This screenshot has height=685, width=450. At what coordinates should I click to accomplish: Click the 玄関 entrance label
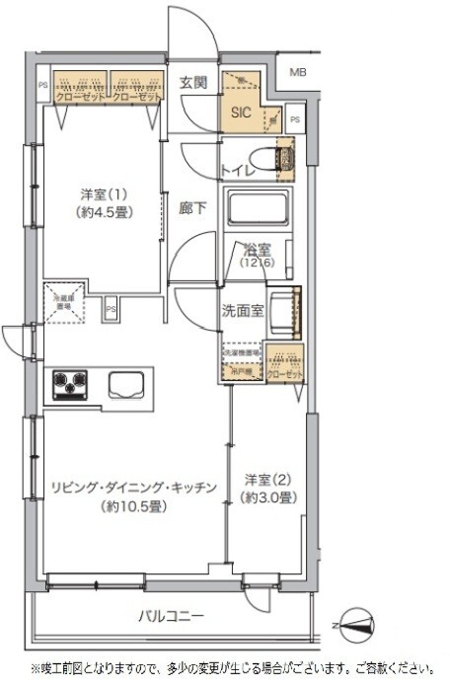tap(192, 83)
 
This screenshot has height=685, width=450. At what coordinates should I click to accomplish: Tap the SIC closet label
tap(242, 113)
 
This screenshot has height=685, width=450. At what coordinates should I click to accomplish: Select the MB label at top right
tap(297, 72)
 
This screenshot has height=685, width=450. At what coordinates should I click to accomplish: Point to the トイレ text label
tap(240, 171)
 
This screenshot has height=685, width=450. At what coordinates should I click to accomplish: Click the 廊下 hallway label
tap(192, 209)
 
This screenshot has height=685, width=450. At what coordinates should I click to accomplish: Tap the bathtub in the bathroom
tap(260, 209)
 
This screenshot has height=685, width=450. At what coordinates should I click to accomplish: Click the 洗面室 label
tap(242, 310)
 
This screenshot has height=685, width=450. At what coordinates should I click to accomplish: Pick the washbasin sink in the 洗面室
tap(286, 309)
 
